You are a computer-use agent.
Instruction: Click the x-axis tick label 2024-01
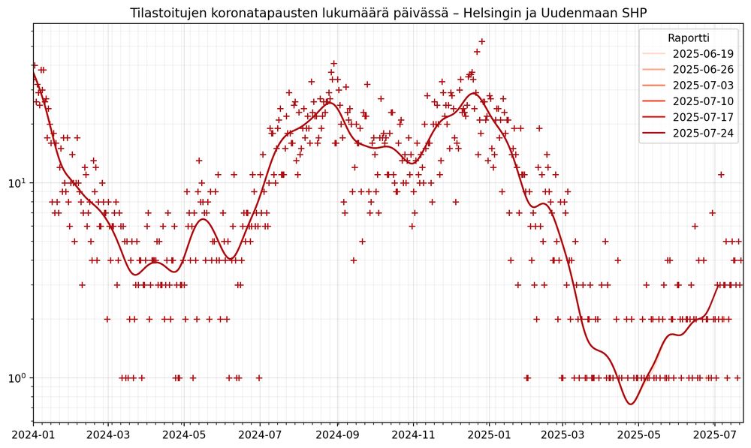pos(32,434)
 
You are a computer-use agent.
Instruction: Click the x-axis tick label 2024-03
pos(108,434)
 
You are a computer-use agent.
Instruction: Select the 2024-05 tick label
pos(184,434)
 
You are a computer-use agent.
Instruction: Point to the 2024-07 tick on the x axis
pos(261,434)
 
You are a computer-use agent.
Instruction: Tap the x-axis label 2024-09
pos(337,434)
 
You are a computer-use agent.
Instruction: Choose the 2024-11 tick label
pos(414,434)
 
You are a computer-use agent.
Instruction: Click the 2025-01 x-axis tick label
pos(490,434)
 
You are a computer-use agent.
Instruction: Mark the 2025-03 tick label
pos(563,434)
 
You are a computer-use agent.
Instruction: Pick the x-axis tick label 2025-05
pos(639,434)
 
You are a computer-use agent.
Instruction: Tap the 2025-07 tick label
pos(715,434)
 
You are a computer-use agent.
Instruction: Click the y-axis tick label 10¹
pos(17,182)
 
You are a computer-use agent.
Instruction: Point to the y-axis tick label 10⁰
pos(17,377)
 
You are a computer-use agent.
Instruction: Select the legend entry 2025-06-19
pos(703,54)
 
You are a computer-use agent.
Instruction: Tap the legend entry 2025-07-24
pos(703,134)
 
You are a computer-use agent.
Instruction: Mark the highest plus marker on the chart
pos(482,42)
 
